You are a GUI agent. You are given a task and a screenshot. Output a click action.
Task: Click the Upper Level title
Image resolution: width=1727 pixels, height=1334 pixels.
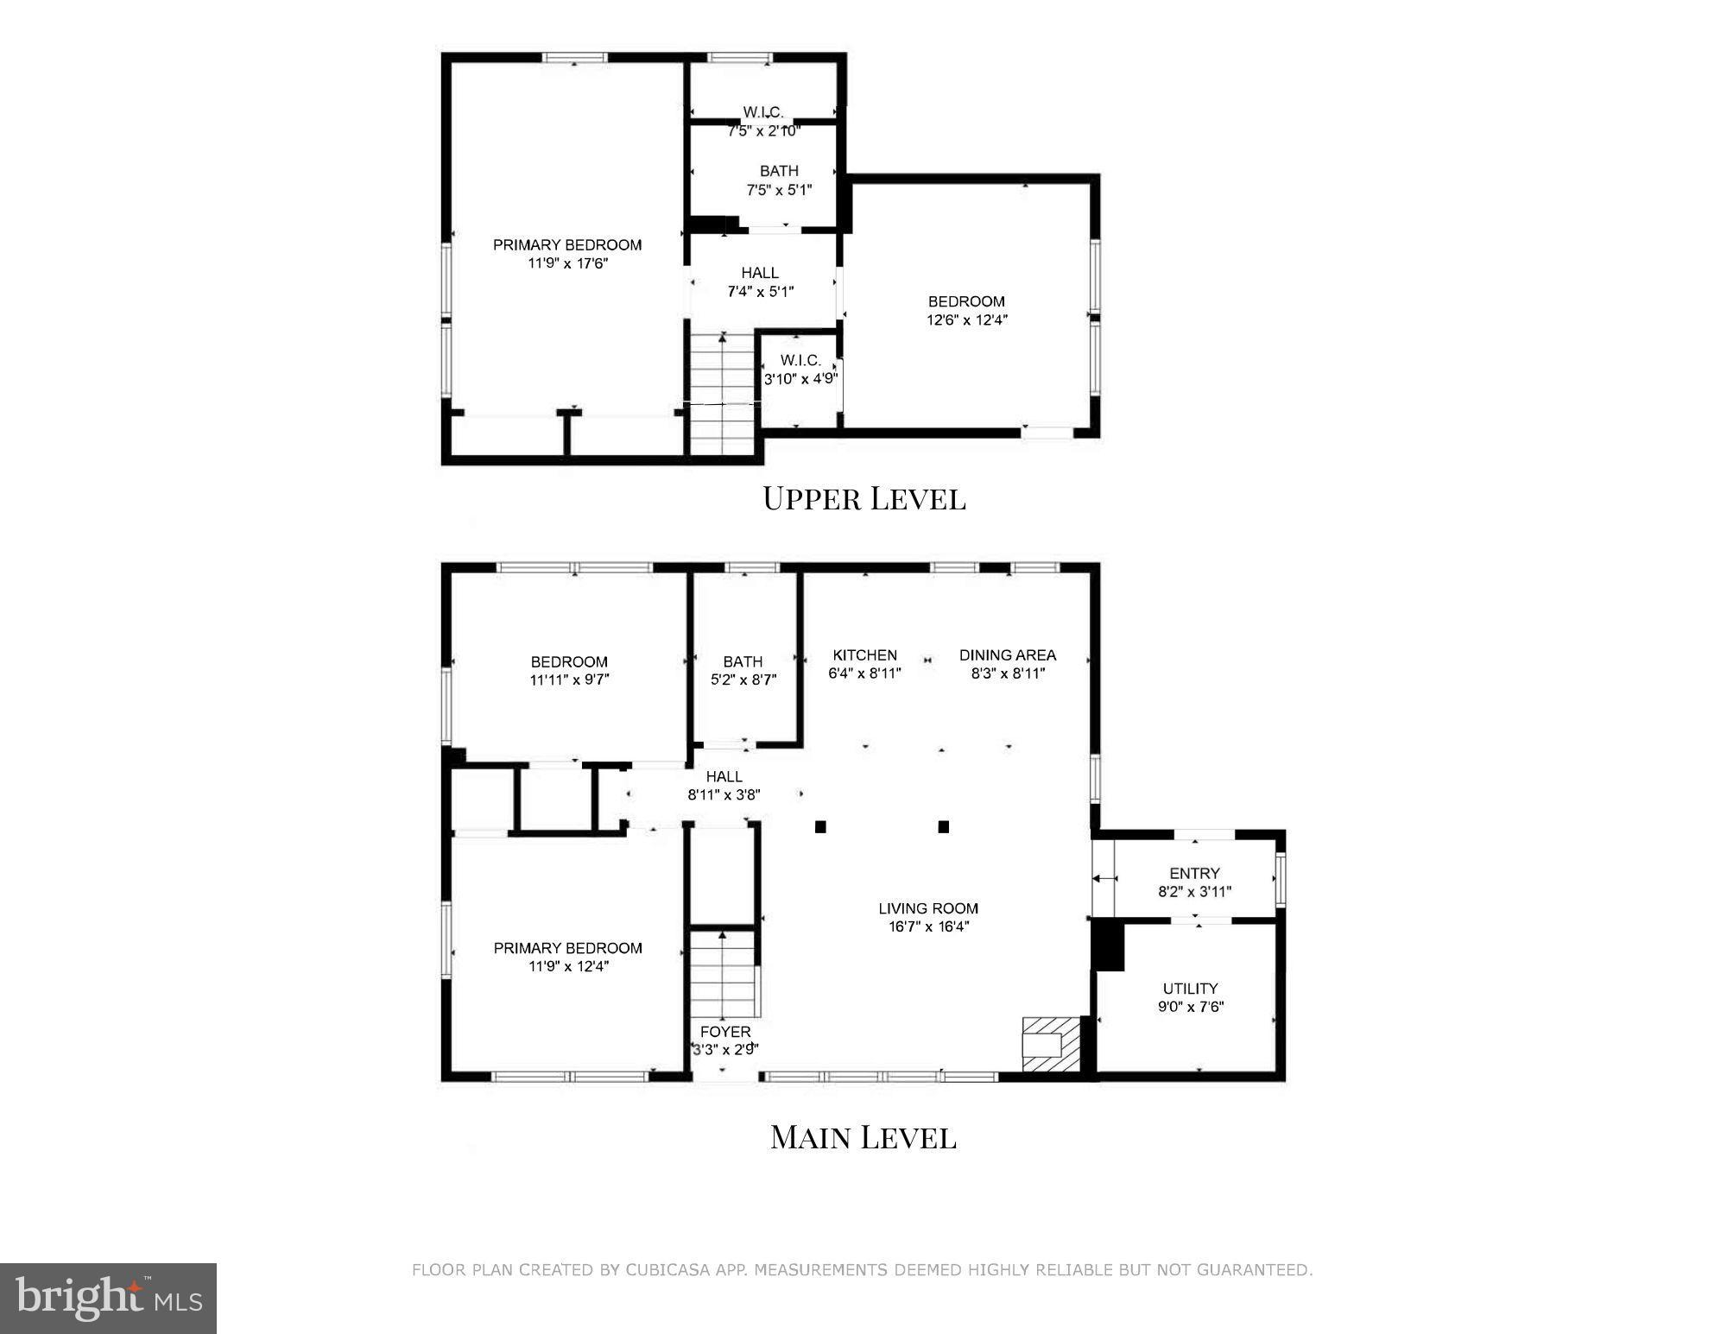863,499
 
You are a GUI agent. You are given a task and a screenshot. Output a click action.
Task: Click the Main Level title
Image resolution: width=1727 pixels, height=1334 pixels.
863,1137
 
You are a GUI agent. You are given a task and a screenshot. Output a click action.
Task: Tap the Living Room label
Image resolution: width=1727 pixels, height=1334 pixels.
928,908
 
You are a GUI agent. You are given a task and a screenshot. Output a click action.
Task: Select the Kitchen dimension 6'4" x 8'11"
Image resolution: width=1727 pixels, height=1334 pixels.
864,673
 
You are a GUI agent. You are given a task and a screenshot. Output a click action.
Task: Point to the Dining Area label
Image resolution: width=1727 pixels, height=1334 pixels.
1008,655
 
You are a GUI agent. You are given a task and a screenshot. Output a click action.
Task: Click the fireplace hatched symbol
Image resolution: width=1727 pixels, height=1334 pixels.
1052,1045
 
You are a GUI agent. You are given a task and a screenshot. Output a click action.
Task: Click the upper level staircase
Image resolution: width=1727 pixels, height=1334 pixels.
723,393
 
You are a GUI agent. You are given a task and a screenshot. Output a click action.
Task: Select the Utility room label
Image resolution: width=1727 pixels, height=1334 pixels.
1190,989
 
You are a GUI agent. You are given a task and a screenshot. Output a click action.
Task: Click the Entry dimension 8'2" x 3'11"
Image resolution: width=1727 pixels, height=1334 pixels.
1194,892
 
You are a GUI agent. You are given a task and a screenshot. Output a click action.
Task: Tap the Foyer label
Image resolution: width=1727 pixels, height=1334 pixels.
725,1032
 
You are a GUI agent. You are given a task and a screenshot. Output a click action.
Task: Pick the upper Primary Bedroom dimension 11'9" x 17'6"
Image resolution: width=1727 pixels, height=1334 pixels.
568,263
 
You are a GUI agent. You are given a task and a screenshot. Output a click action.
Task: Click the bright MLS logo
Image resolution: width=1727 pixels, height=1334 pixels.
108,1298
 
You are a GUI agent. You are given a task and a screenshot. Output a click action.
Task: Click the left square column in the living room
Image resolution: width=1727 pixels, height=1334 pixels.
820,827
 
